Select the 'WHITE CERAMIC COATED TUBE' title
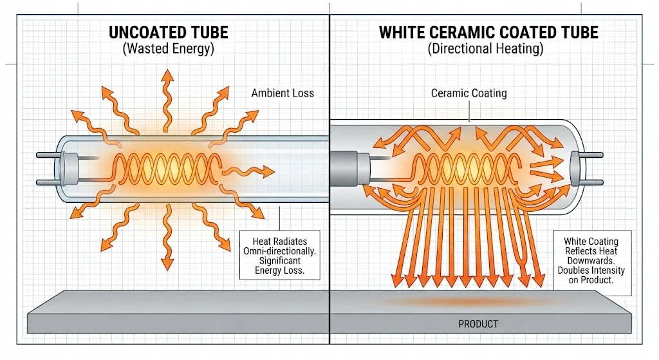(x=488, y=32)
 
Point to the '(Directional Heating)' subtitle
(x=488, y=50)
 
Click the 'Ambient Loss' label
(x=283, y=93)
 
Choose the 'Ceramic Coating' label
(x=469, y=93)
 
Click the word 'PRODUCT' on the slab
(x=478, y=324)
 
